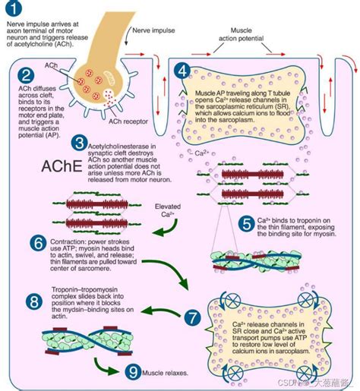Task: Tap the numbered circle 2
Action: point(26,74)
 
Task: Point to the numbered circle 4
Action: point(181,72)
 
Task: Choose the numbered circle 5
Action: point(245,222)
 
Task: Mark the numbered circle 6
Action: point(17,242)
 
